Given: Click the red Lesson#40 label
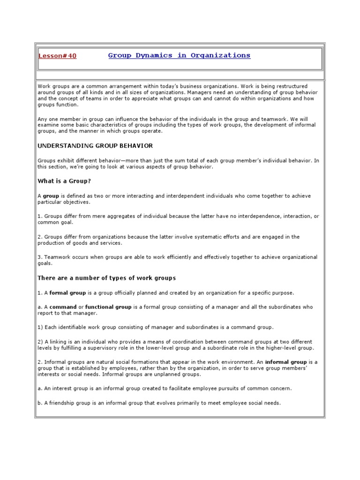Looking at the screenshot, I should pos(57,56).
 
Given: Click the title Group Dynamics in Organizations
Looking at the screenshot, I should pos(179,55).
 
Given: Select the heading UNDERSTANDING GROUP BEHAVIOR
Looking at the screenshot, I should pos(95,146).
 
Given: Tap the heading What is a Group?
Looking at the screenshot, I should pos(64,181).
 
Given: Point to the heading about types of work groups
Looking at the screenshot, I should pos(106,278).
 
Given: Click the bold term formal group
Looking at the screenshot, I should pos(68,293).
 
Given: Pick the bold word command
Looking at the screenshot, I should pos(63,307).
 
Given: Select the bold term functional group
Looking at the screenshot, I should pos(108,307).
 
